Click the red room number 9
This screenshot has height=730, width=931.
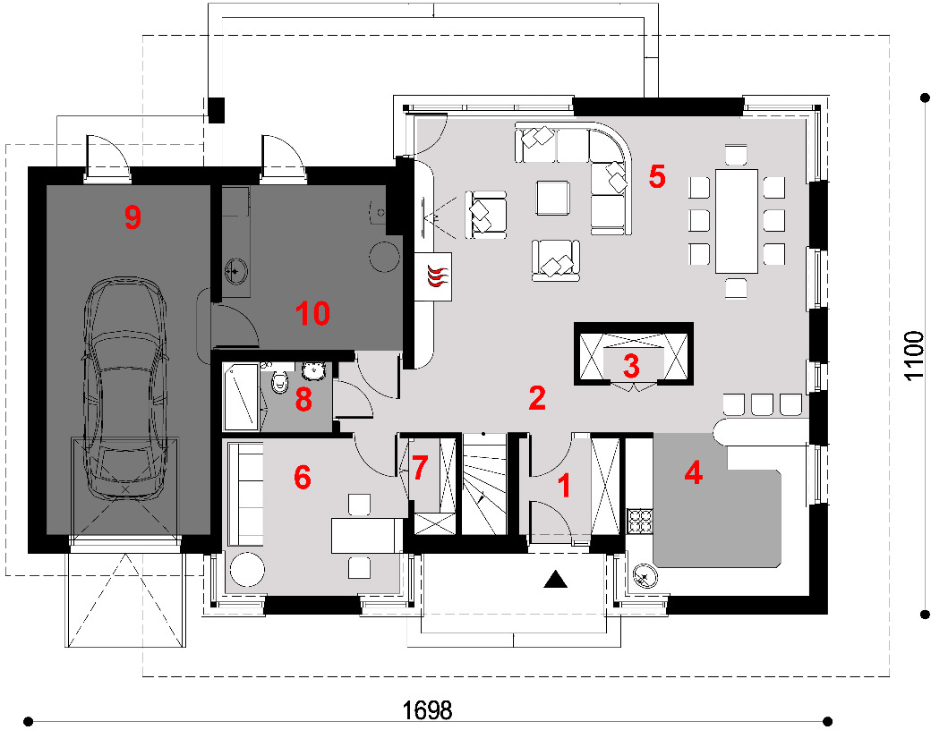tap(132, 217)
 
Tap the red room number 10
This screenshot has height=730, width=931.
tap(313, 313)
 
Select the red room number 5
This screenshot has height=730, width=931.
tap(657, 176)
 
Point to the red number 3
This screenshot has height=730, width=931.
tap(631, 366)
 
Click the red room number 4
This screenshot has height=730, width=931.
tap(693, 472)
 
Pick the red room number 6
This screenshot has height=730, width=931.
tap(303, 477)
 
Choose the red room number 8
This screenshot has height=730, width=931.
tap(303, 399)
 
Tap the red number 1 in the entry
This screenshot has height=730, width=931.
tap(565, 486)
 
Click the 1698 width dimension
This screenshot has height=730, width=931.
tap(428, 709)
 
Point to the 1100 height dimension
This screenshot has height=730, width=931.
tap(914, 355)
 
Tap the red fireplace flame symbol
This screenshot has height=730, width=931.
tap(438, 277)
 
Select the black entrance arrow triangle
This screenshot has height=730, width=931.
tap(556, 579)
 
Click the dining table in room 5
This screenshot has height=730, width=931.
tap(736, 221)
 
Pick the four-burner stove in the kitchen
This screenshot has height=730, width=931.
tap(640, 522)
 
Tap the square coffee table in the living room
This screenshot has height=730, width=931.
tap(553, 198)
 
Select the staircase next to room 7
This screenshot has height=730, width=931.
tap(484, 484)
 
